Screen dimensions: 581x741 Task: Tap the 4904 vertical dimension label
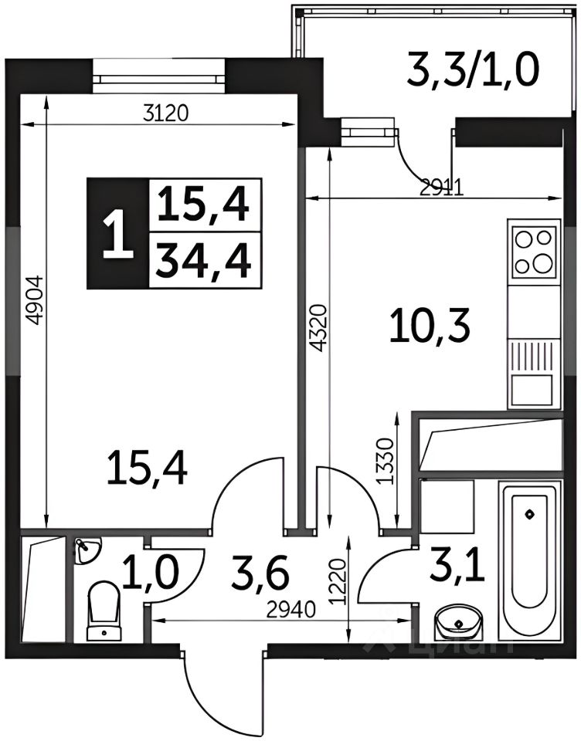coord(37,301)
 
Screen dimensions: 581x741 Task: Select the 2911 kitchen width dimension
coord(442,188)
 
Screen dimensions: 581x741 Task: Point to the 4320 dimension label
coord(320,328)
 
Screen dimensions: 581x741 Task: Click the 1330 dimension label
coord(386,462)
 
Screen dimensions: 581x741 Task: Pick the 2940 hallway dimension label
coord(290,611)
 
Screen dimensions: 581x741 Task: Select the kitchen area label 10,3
coord(430,328)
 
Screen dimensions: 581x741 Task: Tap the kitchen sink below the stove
coord(534,374)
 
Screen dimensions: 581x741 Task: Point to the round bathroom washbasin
coord(458,622)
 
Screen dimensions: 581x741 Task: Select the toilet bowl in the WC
coord(103,611)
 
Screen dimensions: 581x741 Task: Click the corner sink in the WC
coord(87,549)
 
